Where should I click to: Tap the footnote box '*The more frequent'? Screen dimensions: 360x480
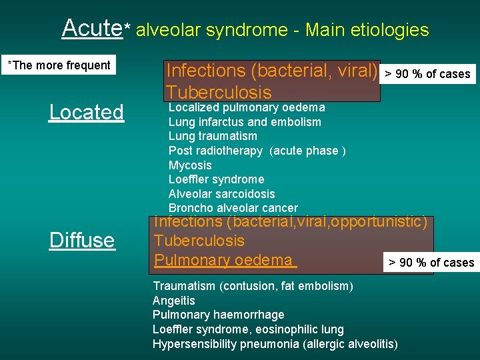[59, 65]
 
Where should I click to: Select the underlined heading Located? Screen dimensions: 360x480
[86, 112]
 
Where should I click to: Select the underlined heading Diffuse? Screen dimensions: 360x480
[82, 240]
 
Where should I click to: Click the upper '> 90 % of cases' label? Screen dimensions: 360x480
[427, 74]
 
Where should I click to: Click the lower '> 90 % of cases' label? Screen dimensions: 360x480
[431, 263]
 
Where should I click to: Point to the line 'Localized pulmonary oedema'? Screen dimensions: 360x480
[247, 107]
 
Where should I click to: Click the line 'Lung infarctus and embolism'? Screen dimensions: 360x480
[245, 122]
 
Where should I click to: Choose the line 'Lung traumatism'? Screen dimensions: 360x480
[213, 136]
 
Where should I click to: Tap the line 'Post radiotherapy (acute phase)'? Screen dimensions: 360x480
[257, 151]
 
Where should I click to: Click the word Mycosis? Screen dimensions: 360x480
[190, 165]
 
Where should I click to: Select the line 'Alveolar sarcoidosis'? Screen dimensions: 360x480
[221, 194]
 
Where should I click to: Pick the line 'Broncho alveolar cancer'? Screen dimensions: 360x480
[233, 209]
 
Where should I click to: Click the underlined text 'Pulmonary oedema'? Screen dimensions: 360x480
[224, 260]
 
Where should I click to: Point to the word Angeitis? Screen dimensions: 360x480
[174, 301]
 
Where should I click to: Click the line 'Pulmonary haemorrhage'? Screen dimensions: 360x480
[218, 315]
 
